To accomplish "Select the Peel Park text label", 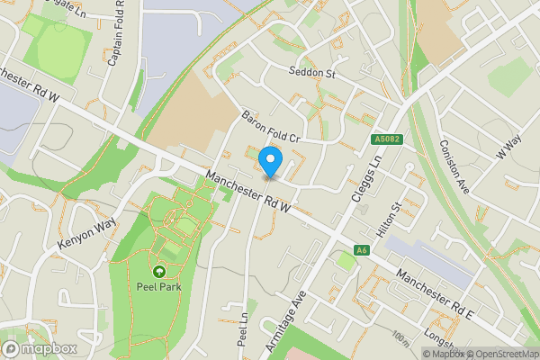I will pyautogui.click(x=158, y=288).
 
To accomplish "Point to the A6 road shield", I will pyautogui.click(x=362, y=250).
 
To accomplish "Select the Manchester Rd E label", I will pyautogui.click(x=436, y=292).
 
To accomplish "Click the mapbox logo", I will pyautogui.click(x=40, y=347).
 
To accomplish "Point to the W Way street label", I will pyautogui.click(x=508, y=148).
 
